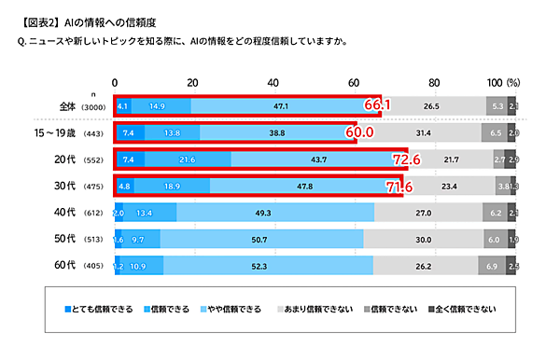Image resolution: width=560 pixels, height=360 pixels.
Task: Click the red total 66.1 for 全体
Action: [x=376, y=106]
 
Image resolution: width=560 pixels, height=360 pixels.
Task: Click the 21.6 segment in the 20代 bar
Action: [x=187, y=159]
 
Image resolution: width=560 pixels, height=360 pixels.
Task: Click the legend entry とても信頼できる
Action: [x=100, y=308]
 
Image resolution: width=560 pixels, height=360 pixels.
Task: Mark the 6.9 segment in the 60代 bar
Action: [x=493, y=266]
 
